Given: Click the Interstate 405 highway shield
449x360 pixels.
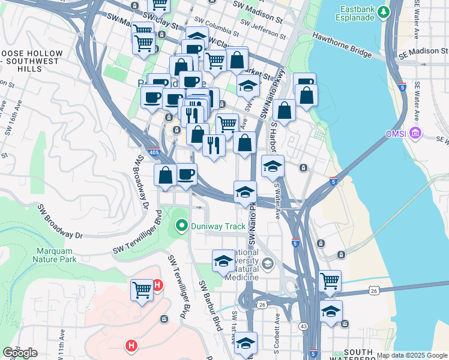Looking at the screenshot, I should click(x=154, y=152).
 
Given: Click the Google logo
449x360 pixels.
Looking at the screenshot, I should click(x=20, y=353).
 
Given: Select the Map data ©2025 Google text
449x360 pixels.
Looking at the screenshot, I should click(x=412, y=356).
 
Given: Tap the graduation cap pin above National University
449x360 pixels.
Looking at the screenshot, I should click(x=223, y=261).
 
